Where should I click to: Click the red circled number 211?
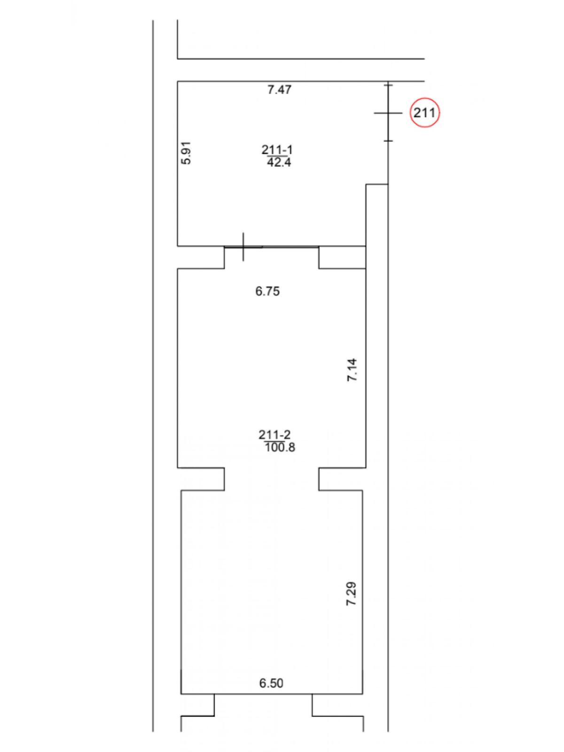424,113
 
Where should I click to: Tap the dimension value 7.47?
279,90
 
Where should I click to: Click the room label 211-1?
277,150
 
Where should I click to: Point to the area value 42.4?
278,162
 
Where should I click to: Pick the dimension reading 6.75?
267,291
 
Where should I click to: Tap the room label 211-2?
274,435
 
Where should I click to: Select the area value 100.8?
280,447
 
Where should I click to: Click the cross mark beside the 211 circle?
388,113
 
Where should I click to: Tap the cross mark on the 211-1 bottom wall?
243,246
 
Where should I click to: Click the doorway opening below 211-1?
272,257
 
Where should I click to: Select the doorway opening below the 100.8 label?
272,479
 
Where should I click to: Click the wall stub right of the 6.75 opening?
343,257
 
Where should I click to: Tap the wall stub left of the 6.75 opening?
201,257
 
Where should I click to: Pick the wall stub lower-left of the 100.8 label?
201,479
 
